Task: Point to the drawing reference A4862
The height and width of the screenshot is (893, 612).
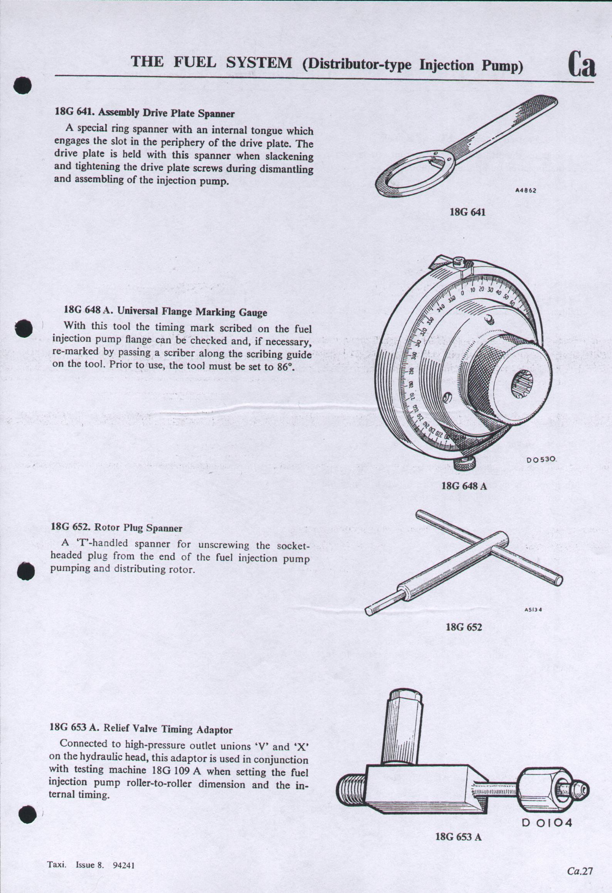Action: [526, 190]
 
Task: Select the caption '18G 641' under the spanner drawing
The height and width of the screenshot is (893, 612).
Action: [467, 212]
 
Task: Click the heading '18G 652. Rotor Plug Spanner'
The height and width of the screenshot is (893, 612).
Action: [116, 527]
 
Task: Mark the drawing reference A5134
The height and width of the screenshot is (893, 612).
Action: [533, 610]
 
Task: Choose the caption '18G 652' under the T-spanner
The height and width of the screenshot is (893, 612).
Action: [464, 627]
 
